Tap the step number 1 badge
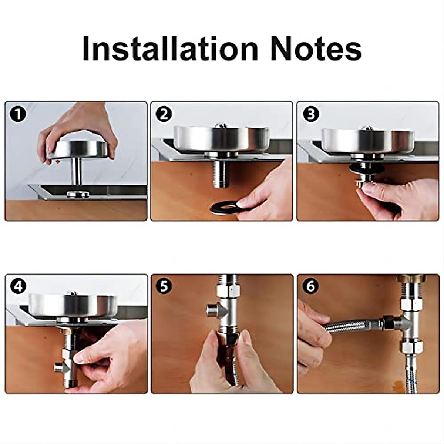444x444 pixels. [18, 114]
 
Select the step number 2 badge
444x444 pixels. [164, 114]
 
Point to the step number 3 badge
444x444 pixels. [311, 114]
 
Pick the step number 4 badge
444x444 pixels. [18, 287]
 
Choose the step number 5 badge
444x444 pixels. [164, 287]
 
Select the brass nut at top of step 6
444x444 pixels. [411, 278]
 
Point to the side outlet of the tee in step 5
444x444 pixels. [213, 310]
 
